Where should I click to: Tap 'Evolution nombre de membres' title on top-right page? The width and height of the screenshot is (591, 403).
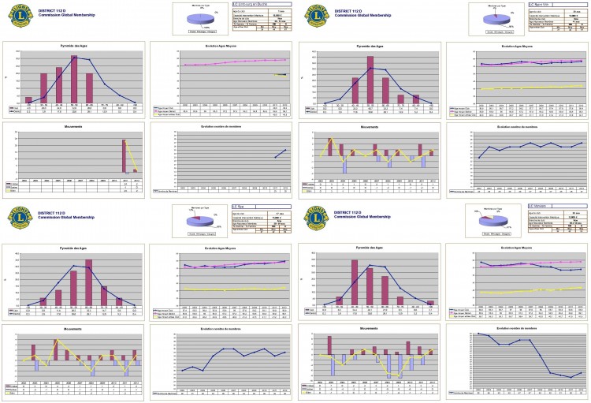[518, 126]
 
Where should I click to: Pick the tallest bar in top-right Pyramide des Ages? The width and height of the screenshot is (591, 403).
[370, 80]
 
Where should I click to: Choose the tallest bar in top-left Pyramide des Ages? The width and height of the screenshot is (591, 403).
[74, 79]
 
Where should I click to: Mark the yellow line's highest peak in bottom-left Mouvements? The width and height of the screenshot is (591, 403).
[55, 341]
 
